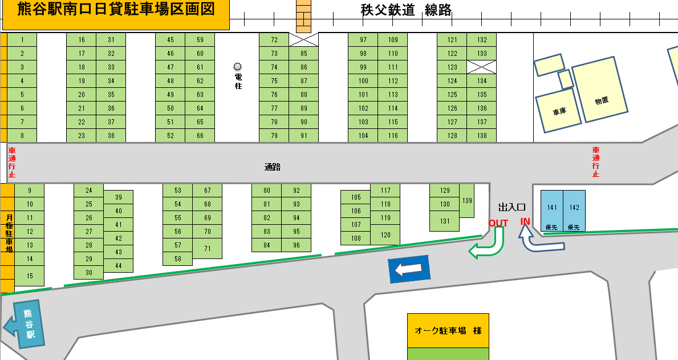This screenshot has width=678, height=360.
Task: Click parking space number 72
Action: pyautogui.click(x=274, y=40)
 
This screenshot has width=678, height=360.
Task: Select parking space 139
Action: pyautogui.click(x=467, y=200)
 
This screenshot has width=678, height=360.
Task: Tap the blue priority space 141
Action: pyautogui.click(x=551, y=210)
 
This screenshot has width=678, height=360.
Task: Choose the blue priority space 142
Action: pyautogui.click(x=574, y=210)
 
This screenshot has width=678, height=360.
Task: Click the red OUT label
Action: pyautogui.click(x=498, y=223)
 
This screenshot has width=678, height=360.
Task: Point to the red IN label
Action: pyautogui.click(x=525, y=221)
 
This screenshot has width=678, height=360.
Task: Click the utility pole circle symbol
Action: pyautogui.click(x=238, y=66)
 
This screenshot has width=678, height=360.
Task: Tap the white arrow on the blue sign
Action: pyautogui.click(x=408, y=270)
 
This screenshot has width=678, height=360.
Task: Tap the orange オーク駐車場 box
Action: pyautogui.click(x=448, y=330)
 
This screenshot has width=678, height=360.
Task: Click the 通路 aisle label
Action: pyautogui.click(x=273, y=167)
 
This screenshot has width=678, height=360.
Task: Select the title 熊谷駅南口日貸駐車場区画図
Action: pyautogui.click(x=116, y=11)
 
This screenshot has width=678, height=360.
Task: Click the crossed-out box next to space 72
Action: pyautogui.click(x=303, y=39)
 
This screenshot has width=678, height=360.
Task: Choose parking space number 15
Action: pyautogui.click(x=30, y=276)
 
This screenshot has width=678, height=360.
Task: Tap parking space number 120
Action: pyautogui.click(x=385, y=234)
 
